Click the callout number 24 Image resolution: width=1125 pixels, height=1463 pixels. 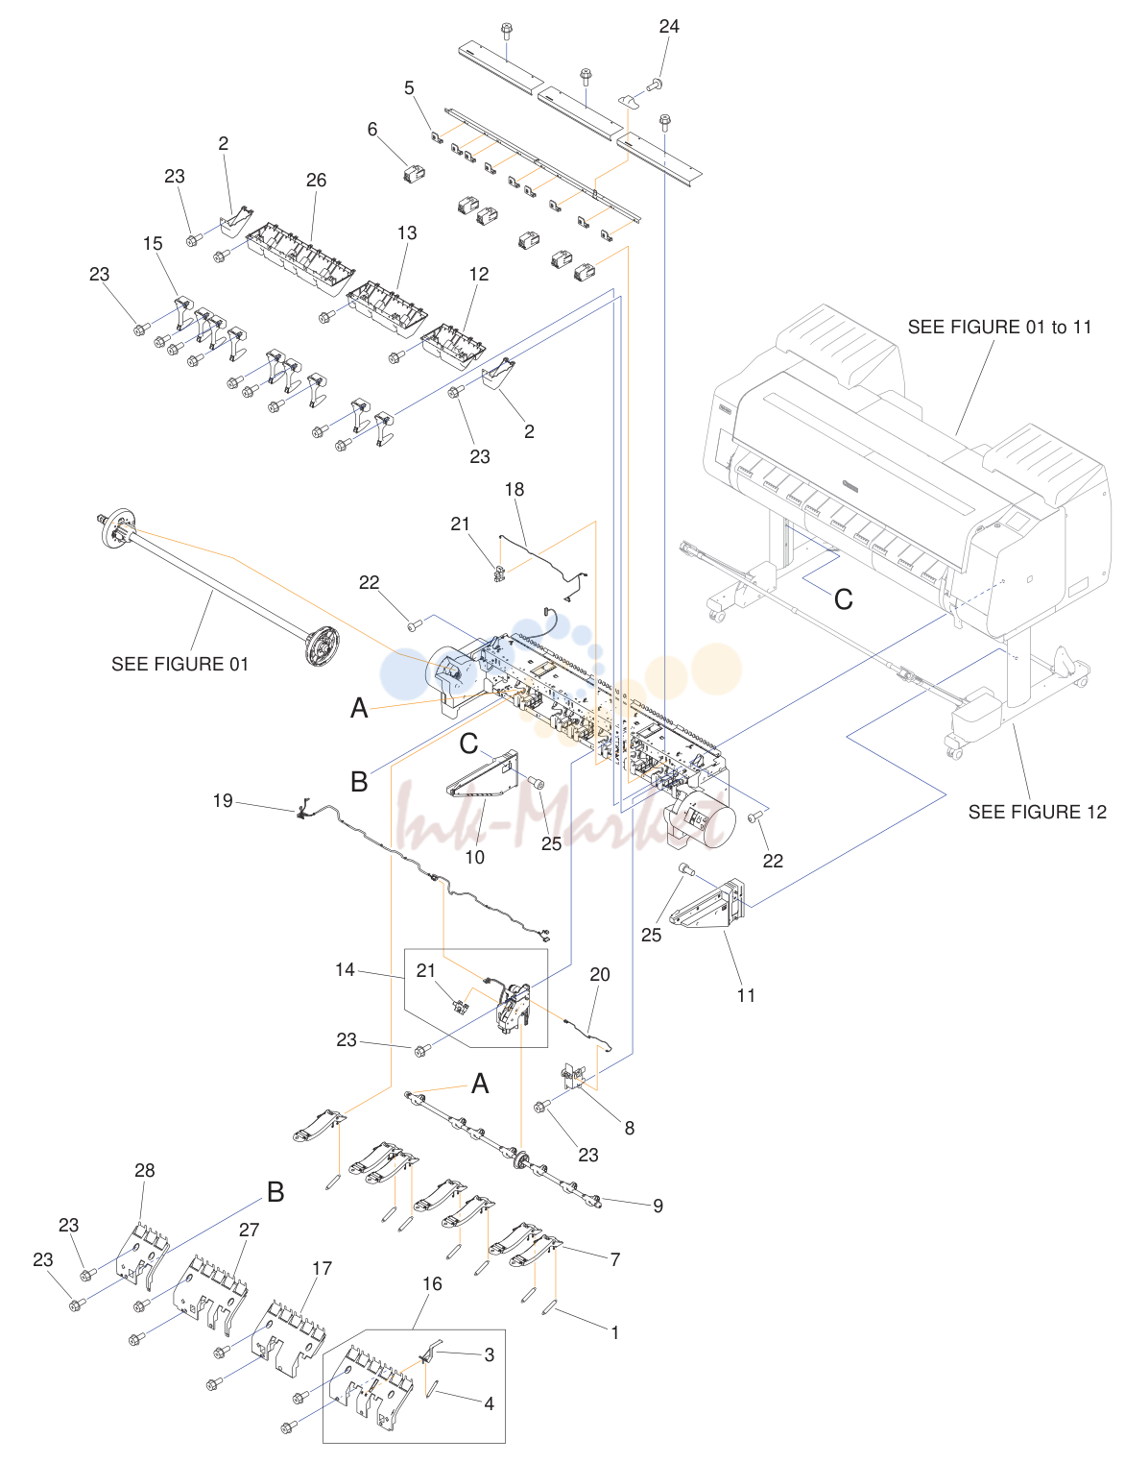tap(668, 26)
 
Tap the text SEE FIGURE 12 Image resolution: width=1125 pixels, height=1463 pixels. tap(1037, 812)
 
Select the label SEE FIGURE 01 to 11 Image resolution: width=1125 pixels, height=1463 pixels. tap(999, 328)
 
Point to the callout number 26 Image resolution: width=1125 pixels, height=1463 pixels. tap(316, 180)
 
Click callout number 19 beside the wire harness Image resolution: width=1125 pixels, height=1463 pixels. tap(223, 800)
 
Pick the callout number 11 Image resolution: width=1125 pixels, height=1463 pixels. tap(746, 995)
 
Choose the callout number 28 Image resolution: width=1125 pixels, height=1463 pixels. tap(145, 1170)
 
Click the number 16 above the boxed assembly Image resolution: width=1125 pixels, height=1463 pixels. tap(432, 1284)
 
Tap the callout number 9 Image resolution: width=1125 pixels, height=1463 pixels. tap(658, 1206)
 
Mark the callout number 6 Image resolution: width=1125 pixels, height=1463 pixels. tap(371, 130)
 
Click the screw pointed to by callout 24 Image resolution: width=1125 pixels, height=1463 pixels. tap(655, 85)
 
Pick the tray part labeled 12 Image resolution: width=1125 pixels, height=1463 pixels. tap(453, 346)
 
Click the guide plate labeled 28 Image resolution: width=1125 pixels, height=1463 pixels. tap(143, 1250)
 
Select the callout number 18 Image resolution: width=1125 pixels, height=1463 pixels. tap(514, 490)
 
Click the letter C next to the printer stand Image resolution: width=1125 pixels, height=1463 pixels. tap(843, 599)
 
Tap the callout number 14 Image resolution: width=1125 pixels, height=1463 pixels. tap(345, 969)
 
